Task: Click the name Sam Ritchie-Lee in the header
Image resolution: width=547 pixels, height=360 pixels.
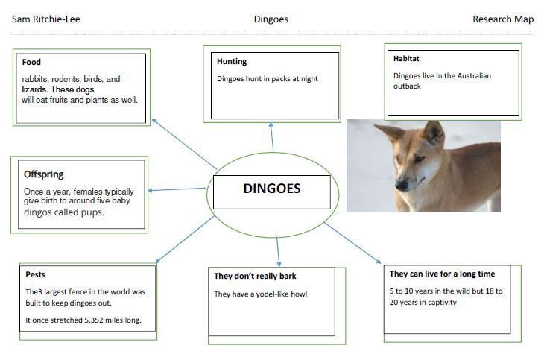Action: click(45, 19)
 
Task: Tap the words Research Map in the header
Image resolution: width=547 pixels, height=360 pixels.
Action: click(503, 19)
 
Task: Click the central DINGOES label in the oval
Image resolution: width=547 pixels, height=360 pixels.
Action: click(272, 189)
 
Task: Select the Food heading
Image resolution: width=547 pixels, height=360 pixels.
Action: click(31, 62)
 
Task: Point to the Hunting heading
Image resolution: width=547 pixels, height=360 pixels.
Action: click(232, 61)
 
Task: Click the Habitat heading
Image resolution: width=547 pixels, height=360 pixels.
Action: click(406, 59)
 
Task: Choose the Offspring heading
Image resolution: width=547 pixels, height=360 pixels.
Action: click(44, 174)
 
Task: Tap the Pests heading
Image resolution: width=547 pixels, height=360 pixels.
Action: click(35, 274)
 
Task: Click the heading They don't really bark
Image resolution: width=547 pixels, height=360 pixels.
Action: click(255, 277)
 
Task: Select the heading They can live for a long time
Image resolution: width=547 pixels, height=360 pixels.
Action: click(442, 274)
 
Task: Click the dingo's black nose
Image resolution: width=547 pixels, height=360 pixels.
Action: click(402, 184)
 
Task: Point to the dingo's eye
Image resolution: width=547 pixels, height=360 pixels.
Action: click(419, 159)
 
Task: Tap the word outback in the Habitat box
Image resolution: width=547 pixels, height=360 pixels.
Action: click(407, 86)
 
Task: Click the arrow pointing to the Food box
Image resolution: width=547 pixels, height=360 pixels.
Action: click(184, 144)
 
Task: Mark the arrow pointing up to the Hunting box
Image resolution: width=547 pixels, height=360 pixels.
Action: click(272, 136)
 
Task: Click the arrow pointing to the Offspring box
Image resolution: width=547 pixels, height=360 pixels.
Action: click(177, 189)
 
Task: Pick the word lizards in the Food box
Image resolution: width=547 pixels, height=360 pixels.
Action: click(34, 89)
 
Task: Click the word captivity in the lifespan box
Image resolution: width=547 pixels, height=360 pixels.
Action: click(441, 303)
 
